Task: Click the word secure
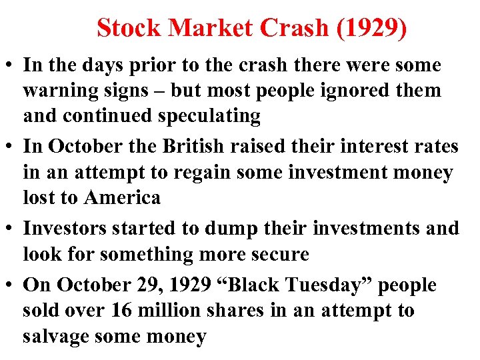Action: [x=274, y=254]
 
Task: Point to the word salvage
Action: [x=57, y=337]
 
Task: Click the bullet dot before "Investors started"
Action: [x=11, y=228]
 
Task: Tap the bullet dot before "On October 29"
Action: [x=11, y=285]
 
